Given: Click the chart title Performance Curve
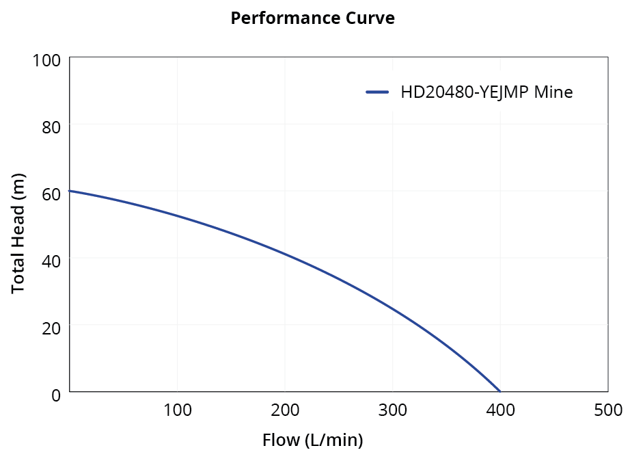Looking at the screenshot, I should [312, 18].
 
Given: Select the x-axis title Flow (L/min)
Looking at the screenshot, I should [312, 440].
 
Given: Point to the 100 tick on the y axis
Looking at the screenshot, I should [46, 60].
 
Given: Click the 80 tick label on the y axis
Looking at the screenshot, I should [51, 127].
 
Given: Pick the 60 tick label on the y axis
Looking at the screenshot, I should [51, 194].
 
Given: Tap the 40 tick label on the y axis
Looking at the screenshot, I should [51, 261].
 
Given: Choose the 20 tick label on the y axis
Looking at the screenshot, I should [51, 328].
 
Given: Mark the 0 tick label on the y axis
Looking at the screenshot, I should [55, 394].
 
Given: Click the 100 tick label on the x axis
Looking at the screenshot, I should [177, 410].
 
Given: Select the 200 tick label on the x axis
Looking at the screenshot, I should [285, 410].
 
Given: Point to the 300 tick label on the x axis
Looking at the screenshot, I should [393, 410].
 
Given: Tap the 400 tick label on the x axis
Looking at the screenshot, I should [501, 410].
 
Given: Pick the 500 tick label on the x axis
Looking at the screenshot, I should [607, 410].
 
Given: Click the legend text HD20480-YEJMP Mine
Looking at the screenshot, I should [487, 92].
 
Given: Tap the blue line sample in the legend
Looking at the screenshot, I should [377, 92].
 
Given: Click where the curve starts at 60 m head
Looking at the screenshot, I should [70, 191].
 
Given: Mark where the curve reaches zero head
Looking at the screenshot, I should [500, 391].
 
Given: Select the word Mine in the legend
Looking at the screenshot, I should [553, 92].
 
